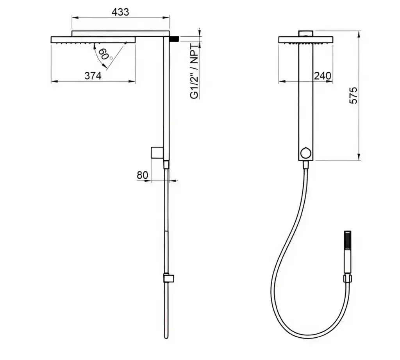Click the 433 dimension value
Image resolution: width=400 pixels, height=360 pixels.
click(x=120, y=12)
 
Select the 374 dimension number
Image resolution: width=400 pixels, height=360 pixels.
click(x=93, y=76)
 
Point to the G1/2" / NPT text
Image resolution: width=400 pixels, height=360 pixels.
click(x=195, y=71)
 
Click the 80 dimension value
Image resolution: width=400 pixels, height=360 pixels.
click(x=142, y=175)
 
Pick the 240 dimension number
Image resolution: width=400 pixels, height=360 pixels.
click(x=322, y=76)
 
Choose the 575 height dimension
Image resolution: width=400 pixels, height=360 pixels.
click(x=353, y=95)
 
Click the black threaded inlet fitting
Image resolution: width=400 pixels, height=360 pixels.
click(x=174, y=39)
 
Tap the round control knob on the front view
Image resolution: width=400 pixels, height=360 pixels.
click(x=305, y=153)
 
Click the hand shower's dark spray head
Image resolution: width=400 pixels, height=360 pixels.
click(x=347, y=240)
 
